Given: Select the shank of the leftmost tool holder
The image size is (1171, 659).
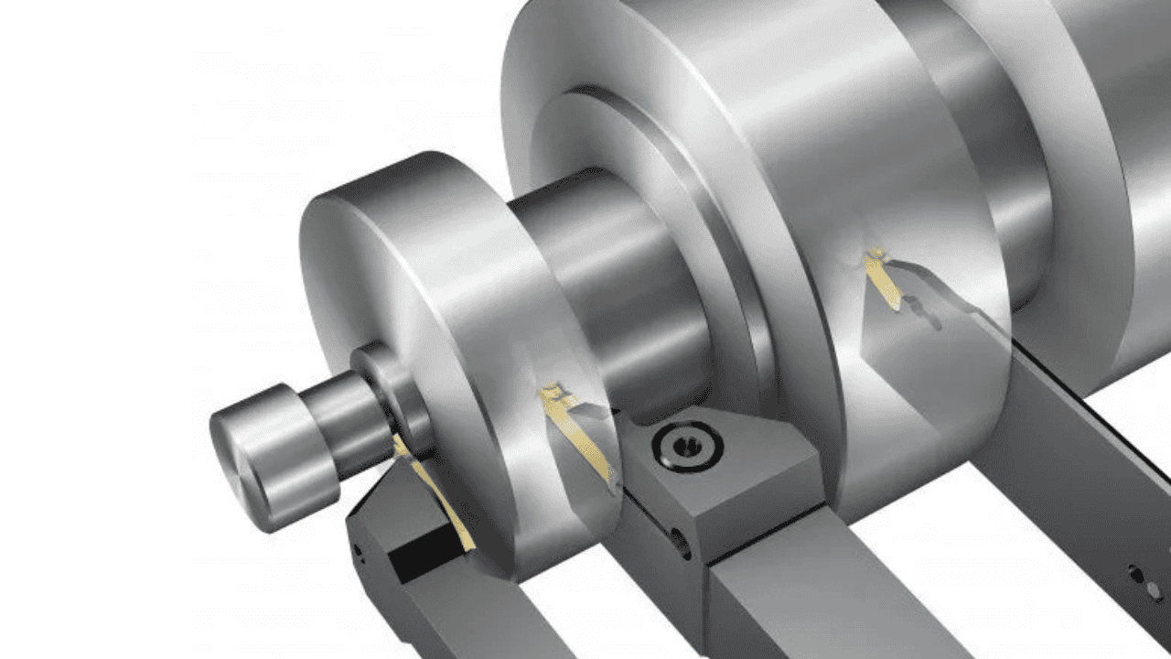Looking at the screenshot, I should point(476,622).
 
